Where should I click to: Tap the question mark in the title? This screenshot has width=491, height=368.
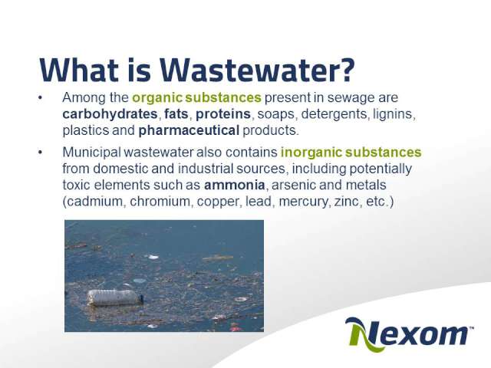pyautogui.click(x=348, y=70)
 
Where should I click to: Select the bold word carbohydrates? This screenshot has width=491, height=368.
pyautogui.click(x=110, y=114)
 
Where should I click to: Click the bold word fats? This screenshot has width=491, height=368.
pyautogui.click(x=176, y=113)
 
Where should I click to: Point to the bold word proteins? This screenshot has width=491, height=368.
pyautogui.click(x=223, y=114)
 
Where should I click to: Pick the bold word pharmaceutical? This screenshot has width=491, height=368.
pyautogui.click(x=189, y=130)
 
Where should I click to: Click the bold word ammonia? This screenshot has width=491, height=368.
pyautogui.click(x=235, y=185)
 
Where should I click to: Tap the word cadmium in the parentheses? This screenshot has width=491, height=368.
pyautogui.click(x=95, y=201)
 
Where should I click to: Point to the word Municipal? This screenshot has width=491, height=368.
pyautogui.click(x=91, y=153)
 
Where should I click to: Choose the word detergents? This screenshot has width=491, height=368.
pyautogui.click(x=334, y=114)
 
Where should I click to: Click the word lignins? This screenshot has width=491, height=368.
pyautogui.click(x=394, y=114)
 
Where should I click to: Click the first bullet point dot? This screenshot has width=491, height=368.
pyautogui.click(x=40, y=98)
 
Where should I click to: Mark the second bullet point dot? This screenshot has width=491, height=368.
pyautogui.click(x=40, y=153)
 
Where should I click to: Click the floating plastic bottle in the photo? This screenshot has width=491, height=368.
pyautogui.click(x=115, y=297)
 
